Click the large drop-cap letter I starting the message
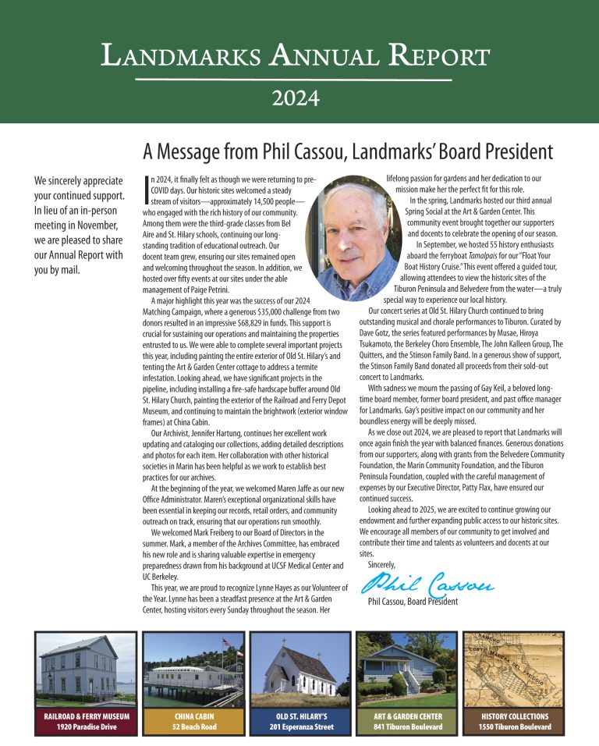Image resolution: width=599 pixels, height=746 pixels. tap(146, 190)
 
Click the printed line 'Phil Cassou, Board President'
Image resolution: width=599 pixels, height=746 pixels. tap(413, 602)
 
